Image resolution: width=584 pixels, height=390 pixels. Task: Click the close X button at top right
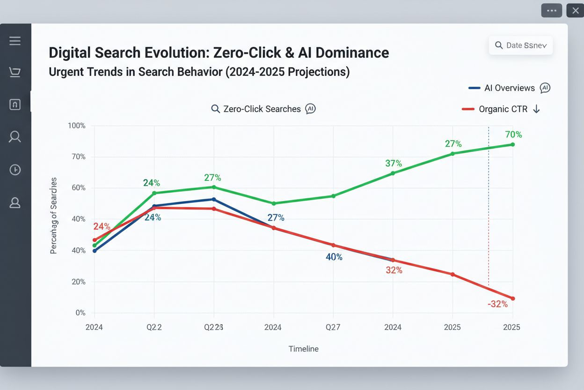[x=575, y=10]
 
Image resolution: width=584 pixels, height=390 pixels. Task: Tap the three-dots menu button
[x=551, y=10]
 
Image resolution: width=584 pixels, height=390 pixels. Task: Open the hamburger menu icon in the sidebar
[x=15, y=41]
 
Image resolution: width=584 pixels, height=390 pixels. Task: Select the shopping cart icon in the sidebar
[x=15, y=72]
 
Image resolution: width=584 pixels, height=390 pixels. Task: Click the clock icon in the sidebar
[x=15, y=170]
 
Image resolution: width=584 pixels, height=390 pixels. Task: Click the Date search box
[x=521, y=45]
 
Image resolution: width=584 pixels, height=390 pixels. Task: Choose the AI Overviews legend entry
[x=509, y=88]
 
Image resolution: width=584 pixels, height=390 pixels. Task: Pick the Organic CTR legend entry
[x=503, y=109]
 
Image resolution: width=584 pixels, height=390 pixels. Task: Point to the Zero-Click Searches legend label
[x=262, y=109]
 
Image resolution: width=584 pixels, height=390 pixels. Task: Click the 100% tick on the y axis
[x=77, y=126]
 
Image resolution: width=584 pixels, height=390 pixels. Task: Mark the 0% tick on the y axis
[x=80, y=313]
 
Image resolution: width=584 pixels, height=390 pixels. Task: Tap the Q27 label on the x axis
[x=333, y=327]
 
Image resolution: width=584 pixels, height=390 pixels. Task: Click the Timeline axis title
[x=303, y=349]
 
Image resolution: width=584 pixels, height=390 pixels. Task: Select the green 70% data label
[x=513, y=135]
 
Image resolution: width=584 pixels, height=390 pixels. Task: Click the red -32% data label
[x=497, y=304]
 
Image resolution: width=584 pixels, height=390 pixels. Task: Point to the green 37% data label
[x=394, y=163]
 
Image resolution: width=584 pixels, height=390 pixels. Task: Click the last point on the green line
[x=513, y=144]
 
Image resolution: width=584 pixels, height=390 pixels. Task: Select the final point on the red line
[x=513, y=299]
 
